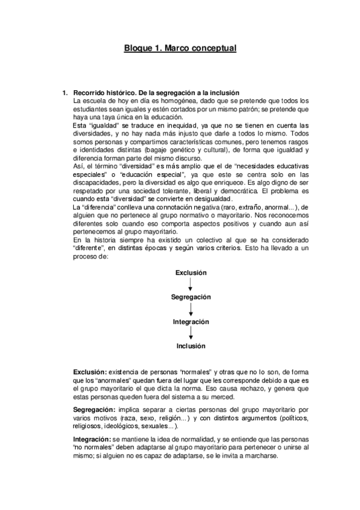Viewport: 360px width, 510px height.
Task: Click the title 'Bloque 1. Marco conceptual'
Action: click(180, 48)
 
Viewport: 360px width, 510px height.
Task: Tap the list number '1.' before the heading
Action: click(66, 93)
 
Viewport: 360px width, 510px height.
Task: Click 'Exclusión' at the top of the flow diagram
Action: click(191, 272)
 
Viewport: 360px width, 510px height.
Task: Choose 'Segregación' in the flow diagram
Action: click(191, 297)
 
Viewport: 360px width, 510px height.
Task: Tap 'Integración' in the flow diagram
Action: click(191, 322)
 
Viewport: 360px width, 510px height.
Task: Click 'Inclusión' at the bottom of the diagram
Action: click(191, 346)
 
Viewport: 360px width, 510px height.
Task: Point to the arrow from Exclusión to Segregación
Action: click(191, 284)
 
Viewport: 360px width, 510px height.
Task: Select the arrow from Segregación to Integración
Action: click(191, 309)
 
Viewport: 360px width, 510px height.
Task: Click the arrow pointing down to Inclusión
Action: click(191, 334)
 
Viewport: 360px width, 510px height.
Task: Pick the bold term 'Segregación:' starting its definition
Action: click(94, 409)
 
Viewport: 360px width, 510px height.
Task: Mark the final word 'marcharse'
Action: click(259, 457)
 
